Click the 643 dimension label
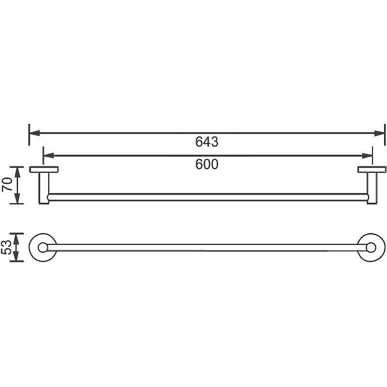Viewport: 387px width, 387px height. [x=207, y=142]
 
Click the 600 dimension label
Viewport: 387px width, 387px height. [x=207, y=164]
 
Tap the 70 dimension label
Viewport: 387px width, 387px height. [x=7, y=184]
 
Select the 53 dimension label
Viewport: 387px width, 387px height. [x=6, y=247]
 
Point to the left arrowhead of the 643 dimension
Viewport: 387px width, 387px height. [x=34, y=134]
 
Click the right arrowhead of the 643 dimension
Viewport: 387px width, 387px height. [x=379, y=134]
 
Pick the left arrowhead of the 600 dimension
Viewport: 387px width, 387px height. [x=49, y=156]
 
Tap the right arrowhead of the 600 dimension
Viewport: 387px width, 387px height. [x=367, y=156]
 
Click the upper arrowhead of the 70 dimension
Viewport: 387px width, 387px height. [x=17, y=172]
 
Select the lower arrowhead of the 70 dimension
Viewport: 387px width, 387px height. [x=17, y=199]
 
